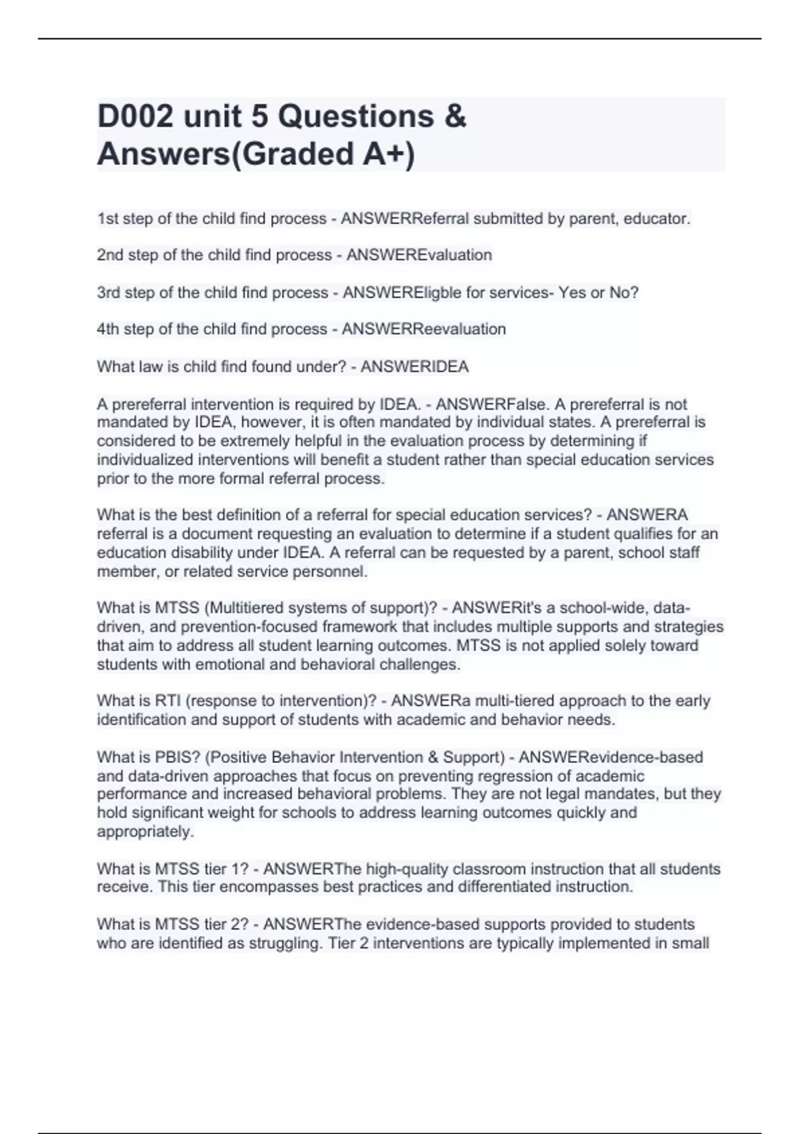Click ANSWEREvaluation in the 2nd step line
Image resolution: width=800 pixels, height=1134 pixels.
click(x=419, y=255)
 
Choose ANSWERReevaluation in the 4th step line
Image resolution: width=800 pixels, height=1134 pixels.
click(x=423, y=329)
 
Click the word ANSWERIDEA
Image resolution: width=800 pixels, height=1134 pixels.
click(x=415, y=367)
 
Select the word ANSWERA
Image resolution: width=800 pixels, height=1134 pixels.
click(x=647, y=515)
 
